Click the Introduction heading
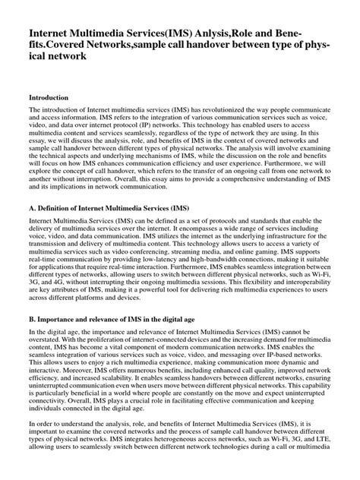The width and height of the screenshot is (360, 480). coord(49,98)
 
